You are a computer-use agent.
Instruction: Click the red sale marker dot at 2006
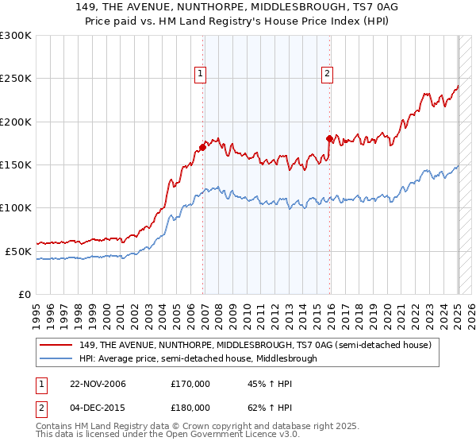203,147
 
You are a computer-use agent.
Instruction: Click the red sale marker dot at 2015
329,138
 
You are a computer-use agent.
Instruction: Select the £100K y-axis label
16,207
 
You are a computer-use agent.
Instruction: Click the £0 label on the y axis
24,294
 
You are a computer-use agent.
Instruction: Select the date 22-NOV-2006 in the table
93,384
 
